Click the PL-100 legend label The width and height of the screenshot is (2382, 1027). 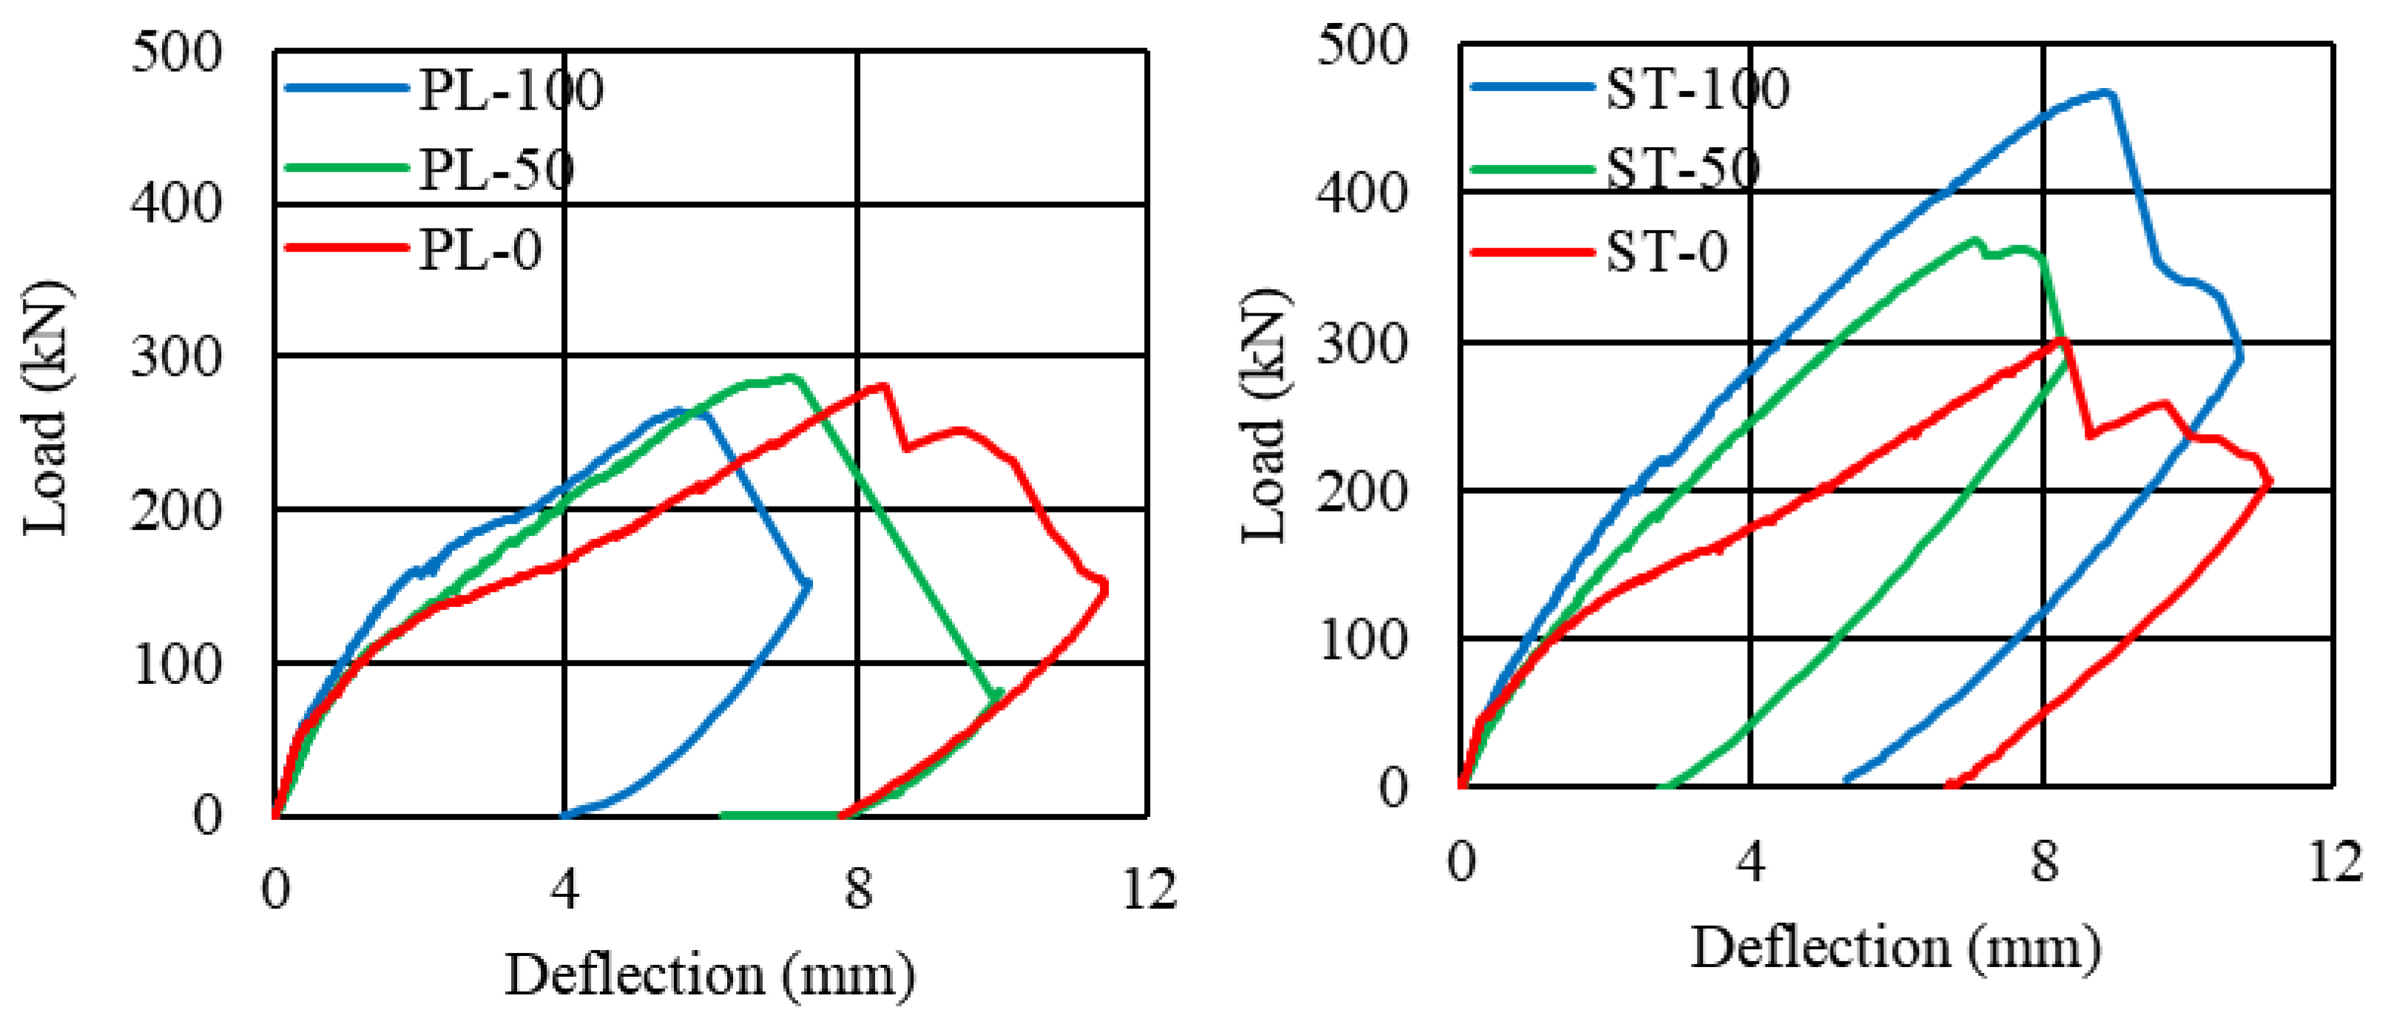coord(510,89)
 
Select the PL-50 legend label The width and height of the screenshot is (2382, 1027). coord(496,170)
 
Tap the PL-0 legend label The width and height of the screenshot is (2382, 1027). coord(480,251)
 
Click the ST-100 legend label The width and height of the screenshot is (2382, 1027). coord(1697,89)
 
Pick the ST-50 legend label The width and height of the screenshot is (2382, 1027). coord(1683,170)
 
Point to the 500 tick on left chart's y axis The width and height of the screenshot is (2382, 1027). coord(176,52)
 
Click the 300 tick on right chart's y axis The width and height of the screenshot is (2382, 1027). coord(1361,345)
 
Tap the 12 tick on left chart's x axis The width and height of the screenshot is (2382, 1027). coord(1150,889)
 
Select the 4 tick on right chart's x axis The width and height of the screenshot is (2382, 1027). coord(1750,861)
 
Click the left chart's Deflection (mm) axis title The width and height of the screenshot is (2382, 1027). coord(709,975)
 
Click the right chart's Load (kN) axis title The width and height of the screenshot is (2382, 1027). coord(1264,416)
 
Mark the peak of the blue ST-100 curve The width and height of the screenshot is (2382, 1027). coord(2108,92)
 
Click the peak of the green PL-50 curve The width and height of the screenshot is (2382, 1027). coord(792,376)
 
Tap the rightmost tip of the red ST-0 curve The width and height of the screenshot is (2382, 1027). coord(2270,481)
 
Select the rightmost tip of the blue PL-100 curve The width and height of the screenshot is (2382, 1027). coord(810,583)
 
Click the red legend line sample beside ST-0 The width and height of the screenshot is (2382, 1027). coord(1532,251)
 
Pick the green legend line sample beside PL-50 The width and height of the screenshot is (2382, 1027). coord(347,169)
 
